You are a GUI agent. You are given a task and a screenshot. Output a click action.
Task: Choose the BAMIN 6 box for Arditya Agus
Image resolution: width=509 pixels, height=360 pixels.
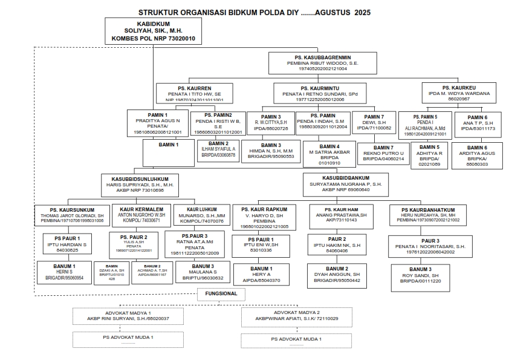click(x=477, y=155)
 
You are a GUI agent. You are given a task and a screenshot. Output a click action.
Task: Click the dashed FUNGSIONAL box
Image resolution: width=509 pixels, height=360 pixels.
click(x=221, y=295)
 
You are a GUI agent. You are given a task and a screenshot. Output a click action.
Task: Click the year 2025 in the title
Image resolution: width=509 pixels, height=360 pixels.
click(x=362, y=12)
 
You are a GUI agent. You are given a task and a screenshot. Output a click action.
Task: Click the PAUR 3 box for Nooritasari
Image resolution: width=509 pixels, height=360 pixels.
click(x=421, y=244)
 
